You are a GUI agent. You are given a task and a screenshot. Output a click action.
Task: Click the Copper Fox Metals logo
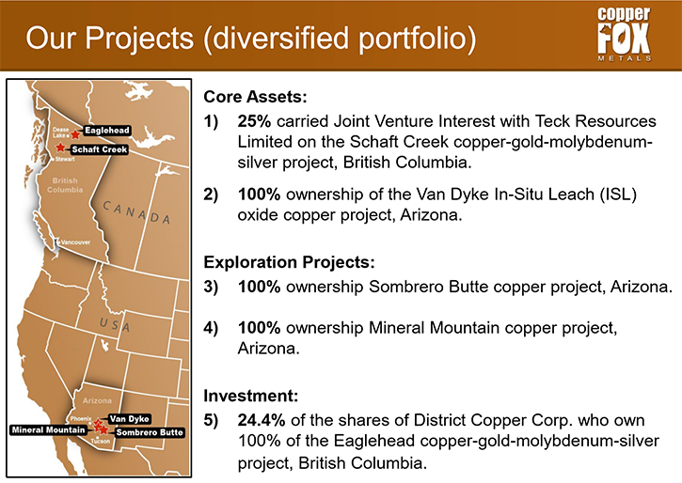(x=624, y=35)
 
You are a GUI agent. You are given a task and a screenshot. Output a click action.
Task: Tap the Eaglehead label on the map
(x=107, y=131)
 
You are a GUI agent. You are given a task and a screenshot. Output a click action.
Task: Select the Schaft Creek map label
(x=100, y=149)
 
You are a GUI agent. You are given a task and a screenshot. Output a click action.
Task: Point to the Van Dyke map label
(x=130, y=419)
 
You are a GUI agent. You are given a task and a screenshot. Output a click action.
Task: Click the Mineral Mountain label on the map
(x=48, y=430)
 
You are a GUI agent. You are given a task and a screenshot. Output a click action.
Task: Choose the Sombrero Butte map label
(x=150, y=432)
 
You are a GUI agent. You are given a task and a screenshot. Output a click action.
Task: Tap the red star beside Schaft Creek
(x=60, y=148)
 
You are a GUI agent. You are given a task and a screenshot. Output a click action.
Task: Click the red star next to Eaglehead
(x=75, y=134)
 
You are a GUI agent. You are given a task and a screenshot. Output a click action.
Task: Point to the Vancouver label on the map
(x=75, y=242)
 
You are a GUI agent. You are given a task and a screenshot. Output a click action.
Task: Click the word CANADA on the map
(x=136, y=212)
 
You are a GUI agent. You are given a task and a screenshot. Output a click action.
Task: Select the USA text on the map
(x=115, y=324)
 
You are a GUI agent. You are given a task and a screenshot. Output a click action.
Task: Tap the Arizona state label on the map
(x=97, y=400)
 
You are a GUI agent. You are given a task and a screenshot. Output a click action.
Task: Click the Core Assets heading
(x=255, y=97)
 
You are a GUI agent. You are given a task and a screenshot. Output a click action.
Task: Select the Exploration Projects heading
(x=289, y=262)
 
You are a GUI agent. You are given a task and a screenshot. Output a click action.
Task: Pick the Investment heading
(x=251, y=396)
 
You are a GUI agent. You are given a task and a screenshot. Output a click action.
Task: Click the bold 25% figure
(x=254, y=121)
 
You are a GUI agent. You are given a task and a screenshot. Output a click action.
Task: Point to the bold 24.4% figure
(x=262, y=420)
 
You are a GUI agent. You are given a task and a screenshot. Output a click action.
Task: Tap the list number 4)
(x=211, y=328)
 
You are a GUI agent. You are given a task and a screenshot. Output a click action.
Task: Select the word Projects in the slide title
(x=139, y=38)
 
